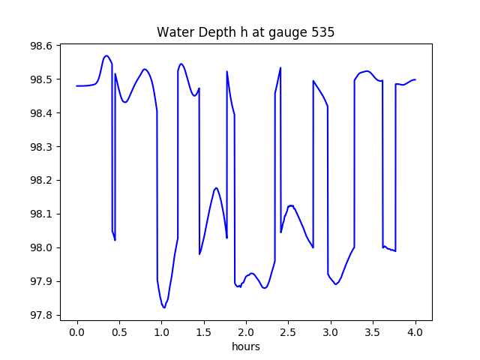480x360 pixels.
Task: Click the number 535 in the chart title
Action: (x=323, y=32)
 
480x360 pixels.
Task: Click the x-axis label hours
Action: (x=246, y=346)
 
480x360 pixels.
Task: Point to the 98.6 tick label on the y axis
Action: (x=41, y=46)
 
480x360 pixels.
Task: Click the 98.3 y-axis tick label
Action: (x=41, y=147)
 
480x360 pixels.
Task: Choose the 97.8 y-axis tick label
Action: (x=41, y=315)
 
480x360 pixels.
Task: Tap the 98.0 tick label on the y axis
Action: (x=41, y=247)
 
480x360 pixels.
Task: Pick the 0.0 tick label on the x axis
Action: (x=76, y=332)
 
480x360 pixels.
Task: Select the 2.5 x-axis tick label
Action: (x=288, y=332)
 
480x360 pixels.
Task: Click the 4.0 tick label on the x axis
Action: (x=415, y=332)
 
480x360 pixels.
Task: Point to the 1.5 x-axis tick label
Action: (x=203, y=332)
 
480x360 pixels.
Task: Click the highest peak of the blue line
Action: (x=106, y=55)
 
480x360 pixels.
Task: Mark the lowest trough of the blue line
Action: (x=164, y=307)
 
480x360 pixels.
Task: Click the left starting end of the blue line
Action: (x=76, y=86)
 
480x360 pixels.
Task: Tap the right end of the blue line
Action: (x=415, y=79)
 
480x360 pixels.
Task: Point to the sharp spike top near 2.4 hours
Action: (x=280, y=67)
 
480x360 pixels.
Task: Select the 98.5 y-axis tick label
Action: (x=41, y=79)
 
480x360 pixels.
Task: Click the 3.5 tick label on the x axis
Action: (x=373, y=332)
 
